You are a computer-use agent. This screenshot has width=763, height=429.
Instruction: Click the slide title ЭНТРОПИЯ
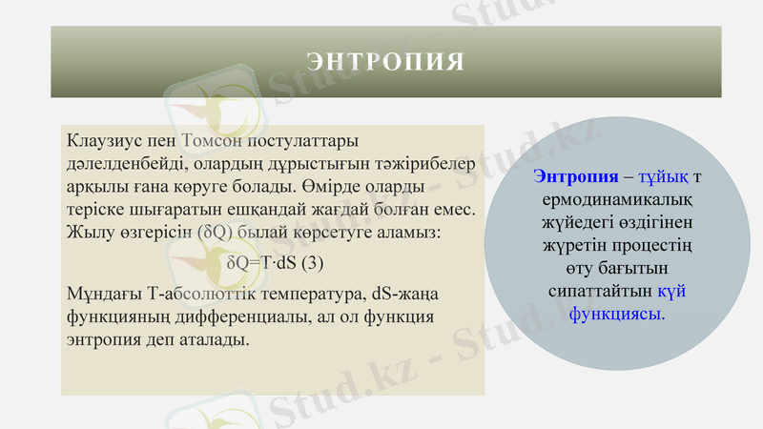(x=386, y=63)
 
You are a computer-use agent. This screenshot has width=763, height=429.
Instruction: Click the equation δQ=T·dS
(x=263, y=260)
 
